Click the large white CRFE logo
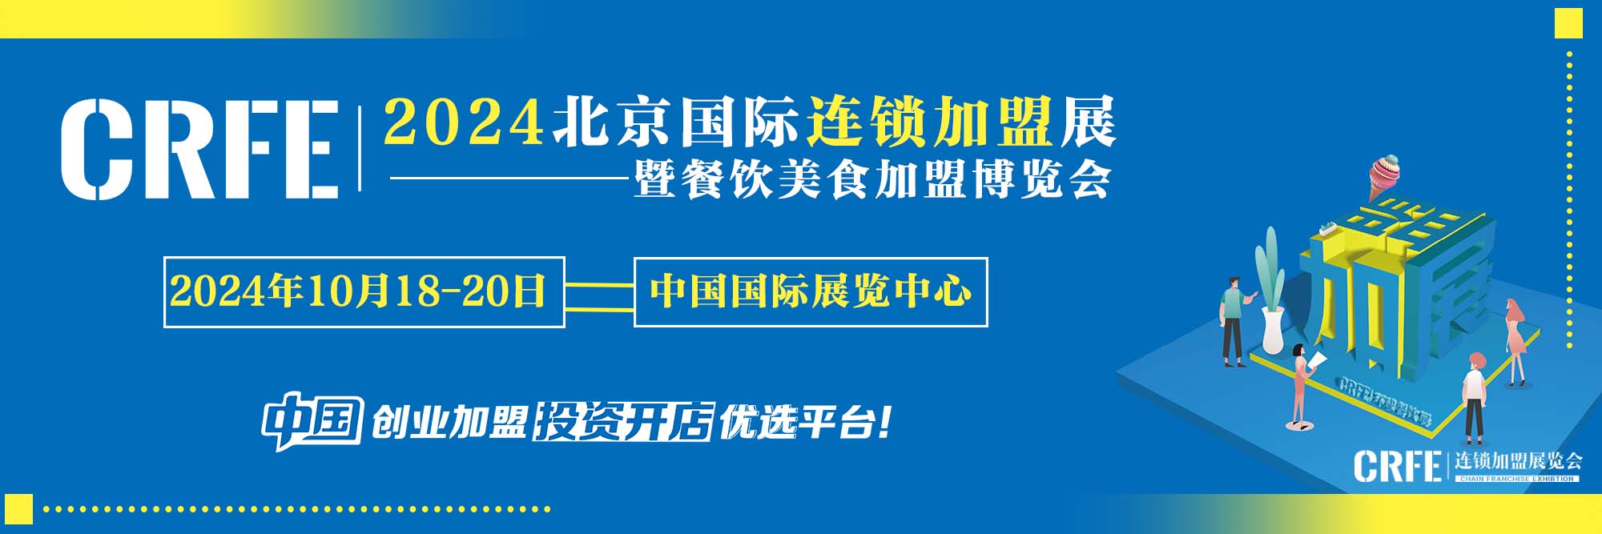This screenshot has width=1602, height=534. tap(199, 149)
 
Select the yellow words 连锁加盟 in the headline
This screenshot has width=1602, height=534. tap(928, 122)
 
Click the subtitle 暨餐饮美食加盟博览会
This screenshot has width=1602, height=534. tap(871, 180)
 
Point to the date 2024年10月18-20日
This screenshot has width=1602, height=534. tap(358, 291)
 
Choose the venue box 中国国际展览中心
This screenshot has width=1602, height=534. tap(811, 291)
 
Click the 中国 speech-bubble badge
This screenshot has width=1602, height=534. tap(312, 420)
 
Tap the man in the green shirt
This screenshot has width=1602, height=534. tap(1234, 320)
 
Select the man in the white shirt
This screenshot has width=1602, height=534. tap(1474, 396)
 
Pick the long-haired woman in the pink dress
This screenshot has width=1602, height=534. tap(1515, 341)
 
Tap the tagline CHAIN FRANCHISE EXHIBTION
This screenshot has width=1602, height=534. tap(1516, 479)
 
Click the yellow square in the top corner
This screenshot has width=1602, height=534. tap(1568, 23)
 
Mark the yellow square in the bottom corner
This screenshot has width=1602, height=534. tap(18, 509)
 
